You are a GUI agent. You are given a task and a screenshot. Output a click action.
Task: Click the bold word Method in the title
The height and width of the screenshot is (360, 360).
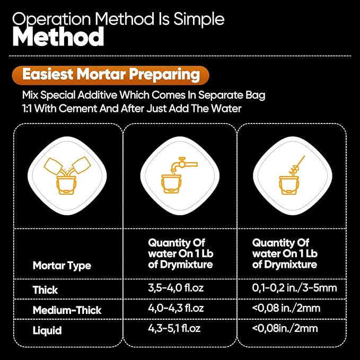click(58, 36)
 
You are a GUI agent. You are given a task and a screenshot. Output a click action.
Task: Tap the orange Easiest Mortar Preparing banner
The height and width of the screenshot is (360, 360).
click(110, 75)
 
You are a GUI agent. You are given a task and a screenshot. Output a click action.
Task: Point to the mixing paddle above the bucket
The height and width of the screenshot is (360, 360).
click(297, 165)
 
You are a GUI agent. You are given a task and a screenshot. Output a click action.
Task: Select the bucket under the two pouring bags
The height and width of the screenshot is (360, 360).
click(66, 185)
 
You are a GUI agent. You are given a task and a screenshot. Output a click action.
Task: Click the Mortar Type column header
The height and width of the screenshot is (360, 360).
click(62, 266)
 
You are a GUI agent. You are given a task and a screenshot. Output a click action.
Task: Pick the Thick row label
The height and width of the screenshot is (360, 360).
click(45, 289)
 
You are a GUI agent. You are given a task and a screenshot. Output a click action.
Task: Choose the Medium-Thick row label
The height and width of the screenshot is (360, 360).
click(67, 310)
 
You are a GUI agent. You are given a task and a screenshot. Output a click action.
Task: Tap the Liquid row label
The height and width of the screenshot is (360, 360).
click(47, 330)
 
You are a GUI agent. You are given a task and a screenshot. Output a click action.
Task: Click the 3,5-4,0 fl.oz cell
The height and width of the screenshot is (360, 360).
click(176, 288)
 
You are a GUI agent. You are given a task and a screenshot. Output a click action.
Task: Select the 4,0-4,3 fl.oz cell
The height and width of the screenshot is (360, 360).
click(176, 308)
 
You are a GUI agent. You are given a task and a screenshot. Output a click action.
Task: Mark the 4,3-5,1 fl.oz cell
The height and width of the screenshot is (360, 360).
click(174, 328)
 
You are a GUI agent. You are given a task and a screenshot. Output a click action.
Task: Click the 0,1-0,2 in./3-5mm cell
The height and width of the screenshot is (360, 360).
click(294, 288)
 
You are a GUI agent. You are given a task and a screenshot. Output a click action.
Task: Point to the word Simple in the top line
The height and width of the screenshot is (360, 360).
click(199, 19)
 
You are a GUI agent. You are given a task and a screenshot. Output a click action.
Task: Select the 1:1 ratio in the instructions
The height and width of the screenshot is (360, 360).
click(27, 108)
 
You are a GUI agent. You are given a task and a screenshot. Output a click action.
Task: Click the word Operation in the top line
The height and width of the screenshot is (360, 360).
click(51, 20)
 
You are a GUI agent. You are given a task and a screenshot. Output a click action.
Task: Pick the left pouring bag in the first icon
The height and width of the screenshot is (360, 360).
click(53, 166)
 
